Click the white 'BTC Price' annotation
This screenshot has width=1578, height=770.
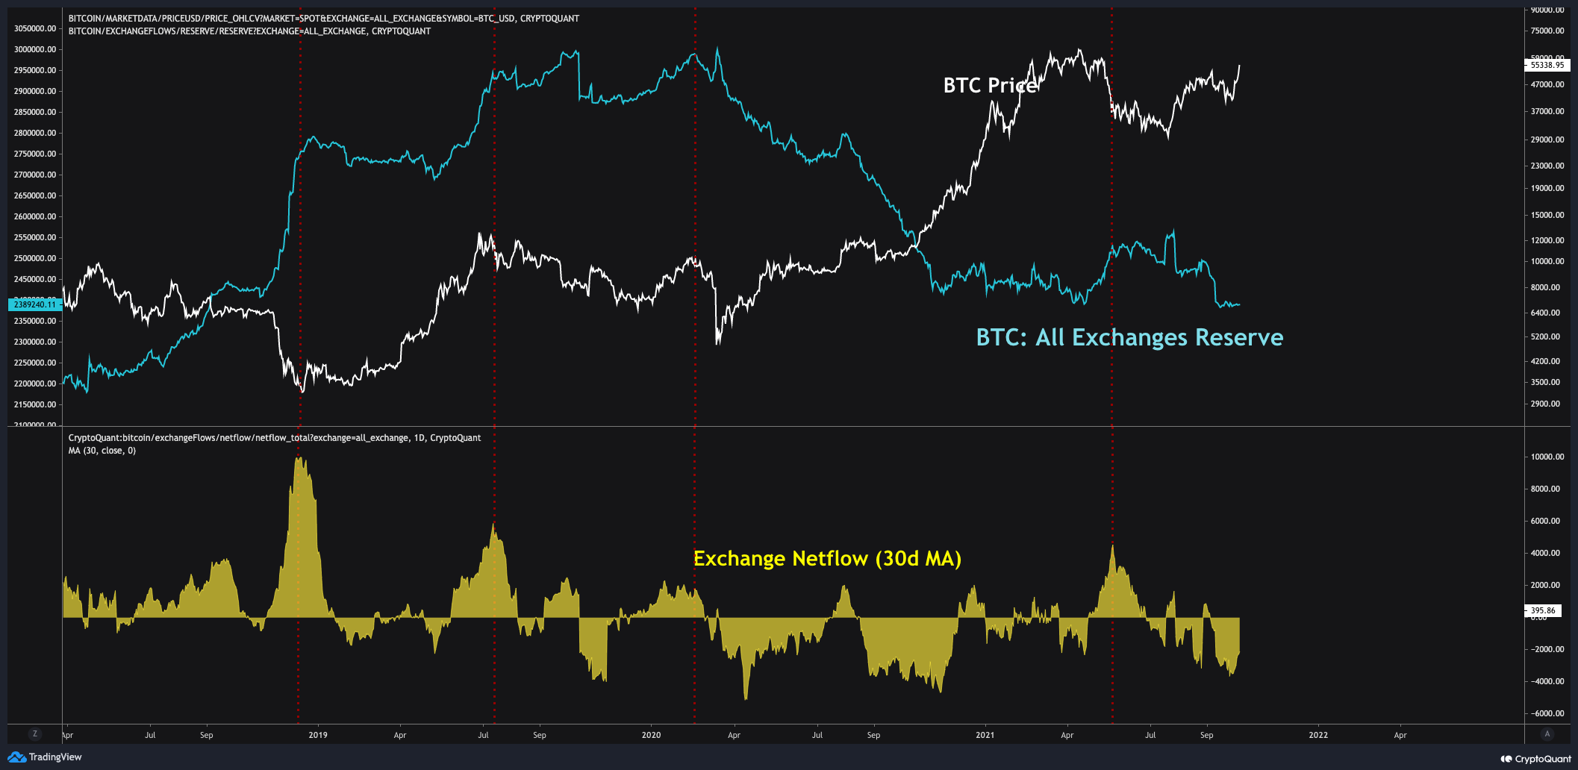[x=990, y=86]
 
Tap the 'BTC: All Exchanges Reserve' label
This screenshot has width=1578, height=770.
[x=1129, y=337]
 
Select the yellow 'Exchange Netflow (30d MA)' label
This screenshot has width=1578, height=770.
[x=827, y=558]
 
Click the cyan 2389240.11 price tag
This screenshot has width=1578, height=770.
[x=34, y=304]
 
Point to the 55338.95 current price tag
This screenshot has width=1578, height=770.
[x=1547, y=66]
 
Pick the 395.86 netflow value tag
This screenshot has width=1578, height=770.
[x=1543, y=610]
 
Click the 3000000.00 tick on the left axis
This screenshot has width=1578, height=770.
[x=35, y=49]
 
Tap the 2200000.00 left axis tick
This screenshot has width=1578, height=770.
[x=35, y=384]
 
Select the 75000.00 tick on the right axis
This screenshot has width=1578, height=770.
[x=1547, y=31]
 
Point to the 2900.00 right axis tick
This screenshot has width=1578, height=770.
[x=1545, y=404]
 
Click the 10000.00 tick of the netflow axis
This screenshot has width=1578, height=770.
[x=1547, y=457]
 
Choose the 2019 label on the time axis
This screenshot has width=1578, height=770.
[x=318, y=735]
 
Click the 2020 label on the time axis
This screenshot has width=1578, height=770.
[x=651, y=735]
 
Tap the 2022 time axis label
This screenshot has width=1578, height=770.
[x=1318, y=735]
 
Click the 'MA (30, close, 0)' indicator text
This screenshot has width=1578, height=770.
[x=102, y=451]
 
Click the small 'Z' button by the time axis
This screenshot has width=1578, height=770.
[x=34, y=734]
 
